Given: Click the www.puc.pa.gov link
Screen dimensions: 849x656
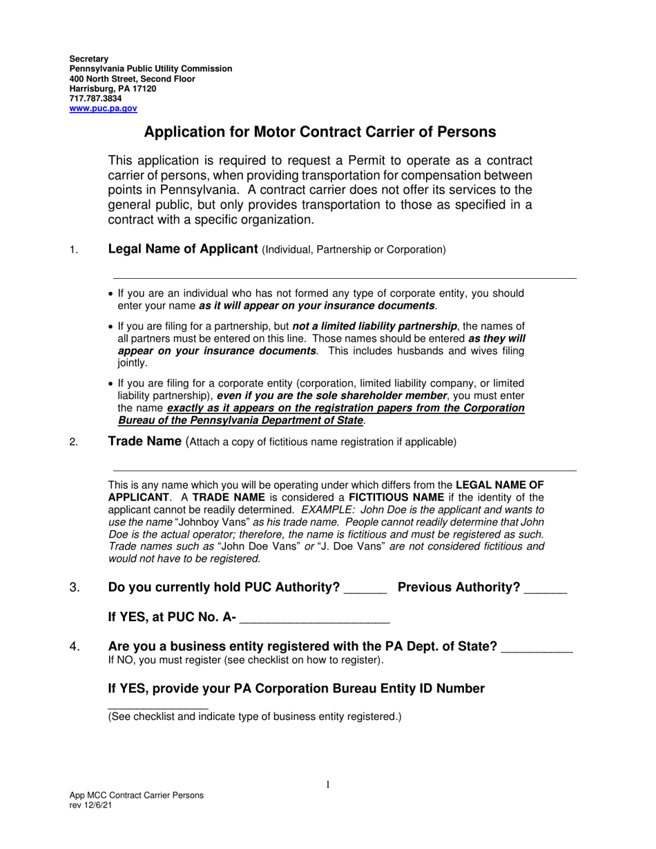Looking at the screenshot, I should (x=103, y=108).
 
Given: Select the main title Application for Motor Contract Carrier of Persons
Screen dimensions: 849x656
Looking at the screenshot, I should (x=320, y=132).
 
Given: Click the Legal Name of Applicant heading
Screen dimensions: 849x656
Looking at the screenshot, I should (x=183, y=249).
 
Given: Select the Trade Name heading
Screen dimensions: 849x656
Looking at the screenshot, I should (x=144, y=442).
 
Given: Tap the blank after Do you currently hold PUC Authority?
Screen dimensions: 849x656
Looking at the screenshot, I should (x=365, y=589).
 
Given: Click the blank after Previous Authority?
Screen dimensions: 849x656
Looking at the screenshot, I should (x=545, y=589).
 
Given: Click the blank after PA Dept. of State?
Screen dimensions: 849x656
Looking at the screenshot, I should (x=537, y=649).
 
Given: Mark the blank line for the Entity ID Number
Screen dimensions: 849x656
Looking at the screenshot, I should (x=157, y=707).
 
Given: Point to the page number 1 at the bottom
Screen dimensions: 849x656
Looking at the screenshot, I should (x=328, y=784).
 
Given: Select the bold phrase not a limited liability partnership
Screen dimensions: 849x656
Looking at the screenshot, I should (x=374, y=326).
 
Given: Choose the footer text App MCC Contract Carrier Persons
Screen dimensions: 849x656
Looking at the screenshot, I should (x=136, y=795).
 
